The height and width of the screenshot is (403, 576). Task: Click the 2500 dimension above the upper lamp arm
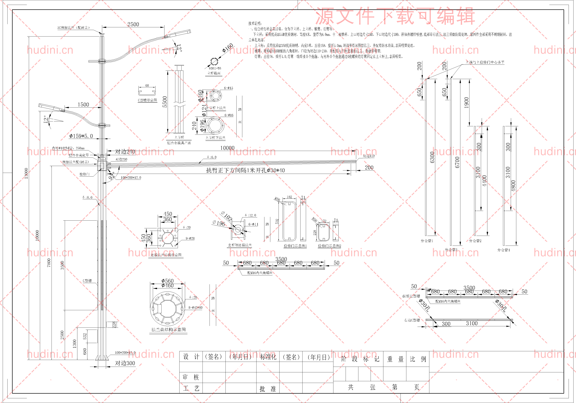[133, 24]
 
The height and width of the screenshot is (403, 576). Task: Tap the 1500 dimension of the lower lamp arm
[83, 104]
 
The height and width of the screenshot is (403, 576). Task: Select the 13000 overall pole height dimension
[26, 173]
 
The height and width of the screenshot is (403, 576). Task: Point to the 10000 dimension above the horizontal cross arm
[227, 148]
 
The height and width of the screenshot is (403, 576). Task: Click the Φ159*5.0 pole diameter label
[81, 136]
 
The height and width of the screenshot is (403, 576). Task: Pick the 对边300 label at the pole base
[125, 363]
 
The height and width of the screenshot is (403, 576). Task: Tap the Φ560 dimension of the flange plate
[168, 281]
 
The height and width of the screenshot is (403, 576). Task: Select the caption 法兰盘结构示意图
[169, 330]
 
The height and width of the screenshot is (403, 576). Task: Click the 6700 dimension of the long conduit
[457, 162]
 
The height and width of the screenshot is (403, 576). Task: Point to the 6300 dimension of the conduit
[432, 157]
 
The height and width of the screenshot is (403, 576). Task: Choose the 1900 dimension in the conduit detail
[466, 102]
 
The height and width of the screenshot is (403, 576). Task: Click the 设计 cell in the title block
[191, 357]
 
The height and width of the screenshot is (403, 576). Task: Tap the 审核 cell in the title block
[191, 377]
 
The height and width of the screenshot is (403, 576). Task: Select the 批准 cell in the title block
[268, 389]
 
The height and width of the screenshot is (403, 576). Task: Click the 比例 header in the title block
[418, 359]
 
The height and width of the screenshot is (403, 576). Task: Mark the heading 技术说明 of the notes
[255, 23]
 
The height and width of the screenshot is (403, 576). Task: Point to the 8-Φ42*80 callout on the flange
[196, 307]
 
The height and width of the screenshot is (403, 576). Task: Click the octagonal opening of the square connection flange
[167, 237]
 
